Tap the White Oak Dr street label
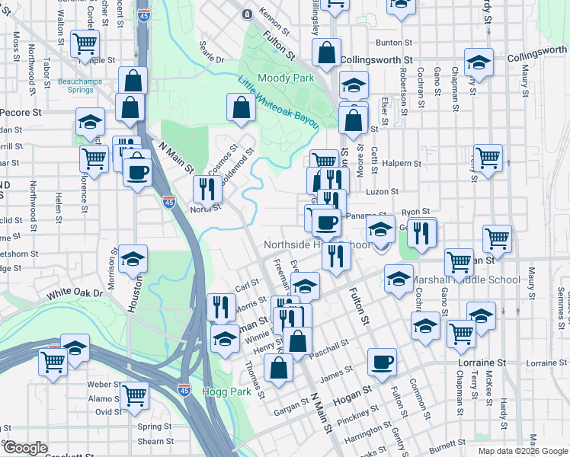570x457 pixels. [73, 294]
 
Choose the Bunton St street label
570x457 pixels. [392, 43]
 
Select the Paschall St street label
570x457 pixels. [330, 347]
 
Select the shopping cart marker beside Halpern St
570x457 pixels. [488, 158]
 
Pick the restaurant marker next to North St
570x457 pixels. [207, 187]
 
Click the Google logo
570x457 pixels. [26, 448]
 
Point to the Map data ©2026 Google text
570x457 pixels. [522, 451]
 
